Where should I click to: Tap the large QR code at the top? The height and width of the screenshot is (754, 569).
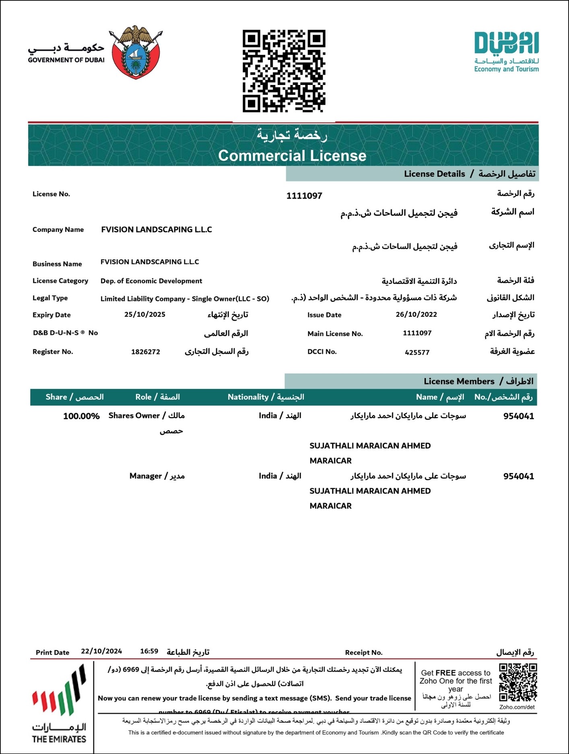284,71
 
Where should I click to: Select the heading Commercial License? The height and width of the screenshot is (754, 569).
292,156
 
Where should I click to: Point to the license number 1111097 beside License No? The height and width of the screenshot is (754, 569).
304,196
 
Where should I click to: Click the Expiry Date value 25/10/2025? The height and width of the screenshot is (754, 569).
145,314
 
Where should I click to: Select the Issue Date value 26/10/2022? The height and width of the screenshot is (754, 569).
416,314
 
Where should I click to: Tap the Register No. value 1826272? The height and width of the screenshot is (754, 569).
146,352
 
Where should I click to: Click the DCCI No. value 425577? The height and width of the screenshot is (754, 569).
417,352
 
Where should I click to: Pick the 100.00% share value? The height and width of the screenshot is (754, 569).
81,416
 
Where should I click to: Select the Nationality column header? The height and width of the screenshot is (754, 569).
266,397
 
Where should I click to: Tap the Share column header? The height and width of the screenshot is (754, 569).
74,397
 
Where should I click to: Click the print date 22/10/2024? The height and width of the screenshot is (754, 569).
101,651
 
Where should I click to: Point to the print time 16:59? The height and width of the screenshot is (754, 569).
149,651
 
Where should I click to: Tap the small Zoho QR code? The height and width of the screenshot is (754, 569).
518,683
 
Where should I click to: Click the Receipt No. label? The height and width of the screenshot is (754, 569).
364,653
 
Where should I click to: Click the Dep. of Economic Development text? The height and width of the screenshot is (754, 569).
151,281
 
